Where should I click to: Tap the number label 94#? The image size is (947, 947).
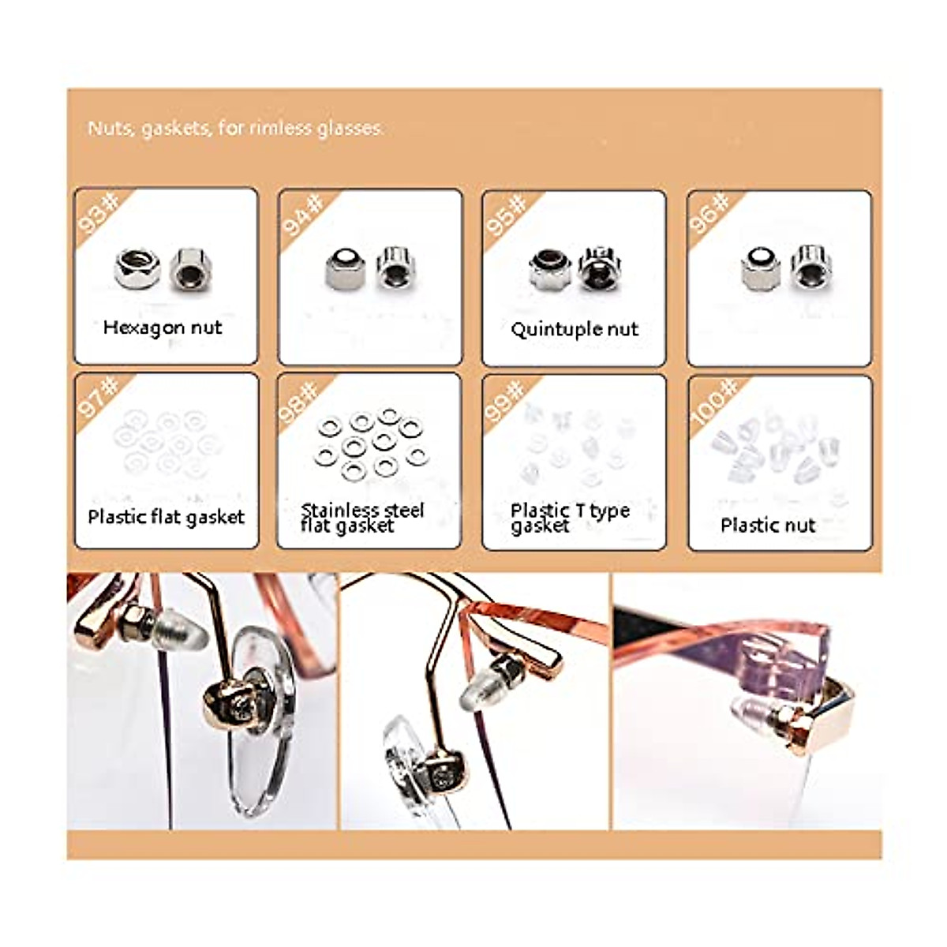(304, 214)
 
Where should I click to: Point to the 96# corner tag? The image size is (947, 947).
(710, 214)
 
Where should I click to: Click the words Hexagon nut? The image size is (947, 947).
(163, 328)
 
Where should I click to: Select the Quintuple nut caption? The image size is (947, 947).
(574, 329)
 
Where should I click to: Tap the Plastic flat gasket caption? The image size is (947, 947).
(166, 517)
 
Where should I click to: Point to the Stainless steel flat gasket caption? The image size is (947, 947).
(362, 518)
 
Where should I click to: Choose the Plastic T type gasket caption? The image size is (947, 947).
(569, 518)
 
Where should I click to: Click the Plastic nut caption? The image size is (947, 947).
(767, 525)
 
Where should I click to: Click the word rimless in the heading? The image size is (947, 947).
(280, 128)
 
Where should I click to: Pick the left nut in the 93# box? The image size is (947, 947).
(137, 268)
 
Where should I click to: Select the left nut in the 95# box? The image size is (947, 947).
(549, 269)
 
